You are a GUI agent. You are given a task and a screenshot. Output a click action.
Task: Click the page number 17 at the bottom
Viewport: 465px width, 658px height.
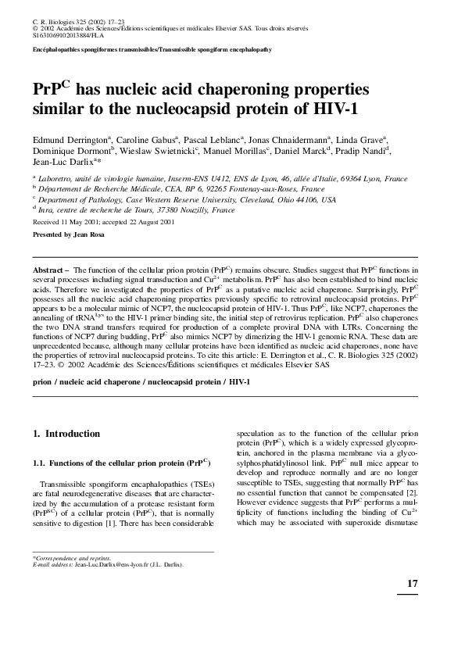click(412, 585)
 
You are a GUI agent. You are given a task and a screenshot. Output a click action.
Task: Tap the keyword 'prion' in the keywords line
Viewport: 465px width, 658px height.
click(44, 382)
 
